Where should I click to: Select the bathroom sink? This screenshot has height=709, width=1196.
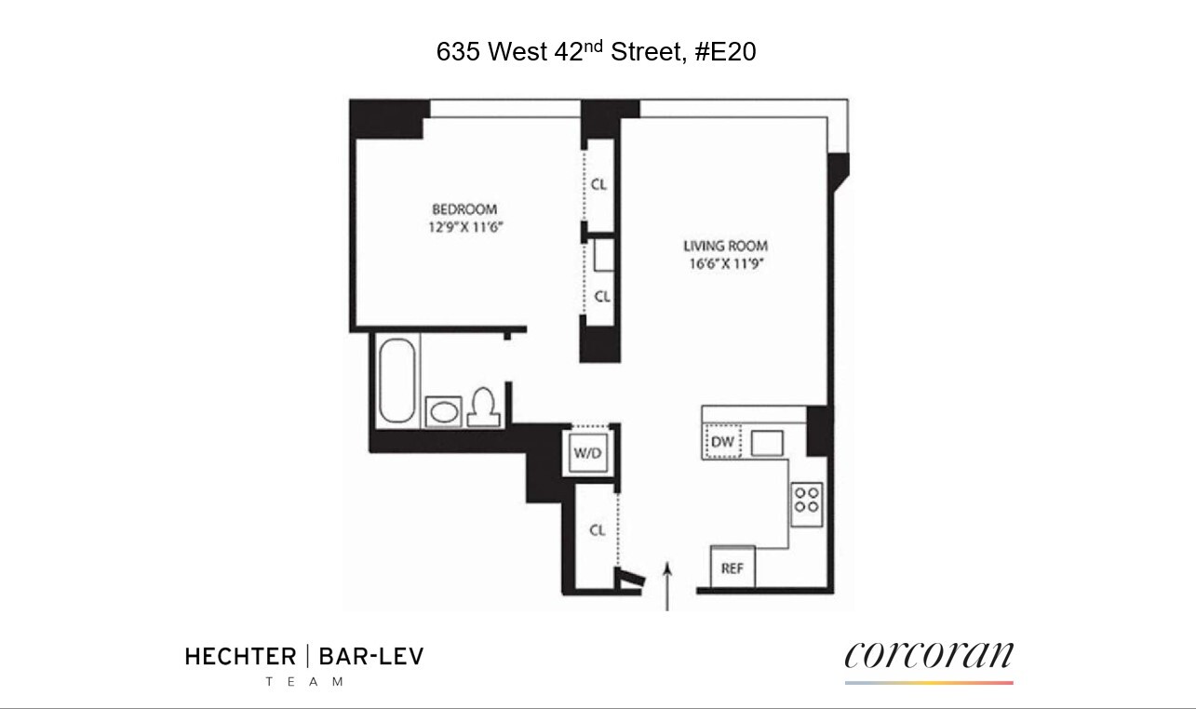(x=444, y=410)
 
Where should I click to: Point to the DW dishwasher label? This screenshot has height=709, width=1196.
(x=722, y=443)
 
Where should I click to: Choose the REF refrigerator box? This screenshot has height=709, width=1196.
(x=732, y=567)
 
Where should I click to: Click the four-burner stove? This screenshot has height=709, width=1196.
(x=806, y=500)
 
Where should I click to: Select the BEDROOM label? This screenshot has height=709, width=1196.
(x=464, y=209)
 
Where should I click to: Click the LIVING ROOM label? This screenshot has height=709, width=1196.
(x=726, y=246)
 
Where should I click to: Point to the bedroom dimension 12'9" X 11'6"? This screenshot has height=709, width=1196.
(x=464, y=226)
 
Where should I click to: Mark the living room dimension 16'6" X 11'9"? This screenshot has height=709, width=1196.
(x=726, y=263)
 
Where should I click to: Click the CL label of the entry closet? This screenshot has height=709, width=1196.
(x=598, y=529)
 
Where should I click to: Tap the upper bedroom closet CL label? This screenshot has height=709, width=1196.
(x=598, y=184)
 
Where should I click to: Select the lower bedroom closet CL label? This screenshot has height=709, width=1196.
(x=601, y=297)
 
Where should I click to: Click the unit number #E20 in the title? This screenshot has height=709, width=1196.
(x=725, y=52)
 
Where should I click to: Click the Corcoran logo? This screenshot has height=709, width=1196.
(x=929, y=656)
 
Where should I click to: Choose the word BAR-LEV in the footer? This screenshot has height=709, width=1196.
(x=370, y=657)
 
